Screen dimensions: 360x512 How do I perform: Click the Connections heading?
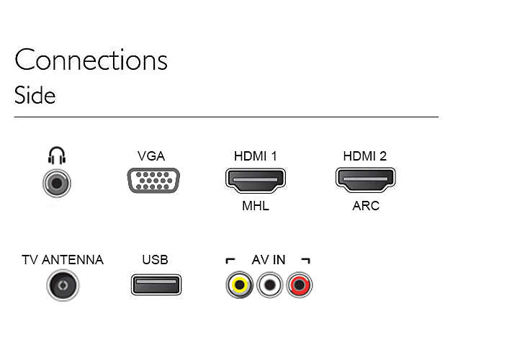[91, 60]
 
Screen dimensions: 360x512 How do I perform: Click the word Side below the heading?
[35, 96]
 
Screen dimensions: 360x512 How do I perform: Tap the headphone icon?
[57, 155]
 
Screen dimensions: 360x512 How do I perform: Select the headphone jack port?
[57, 183]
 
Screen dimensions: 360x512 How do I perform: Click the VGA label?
[151, 156]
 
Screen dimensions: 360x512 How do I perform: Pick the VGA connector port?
[153, 181]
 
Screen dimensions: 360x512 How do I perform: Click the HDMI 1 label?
[255, 156]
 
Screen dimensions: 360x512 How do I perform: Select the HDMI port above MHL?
[256, 180]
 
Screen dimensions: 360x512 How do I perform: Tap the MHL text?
[256, 206]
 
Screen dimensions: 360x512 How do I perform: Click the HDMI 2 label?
[364, 156]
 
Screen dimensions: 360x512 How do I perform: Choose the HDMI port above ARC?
[365, 180]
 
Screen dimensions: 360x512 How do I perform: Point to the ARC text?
[365, 206]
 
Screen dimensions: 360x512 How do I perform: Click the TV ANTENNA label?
[63, 260]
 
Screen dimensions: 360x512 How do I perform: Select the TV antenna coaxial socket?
[63, 285]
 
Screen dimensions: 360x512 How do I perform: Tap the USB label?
[155, 260]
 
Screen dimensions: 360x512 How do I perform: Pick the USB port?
[156, 284]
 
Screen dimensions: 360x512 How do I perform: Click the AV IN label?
[267, 260]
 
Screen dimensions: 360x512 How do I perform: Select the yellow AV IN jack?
[238, 285]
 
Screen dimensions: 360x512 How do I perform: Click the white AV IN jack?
[269, 285]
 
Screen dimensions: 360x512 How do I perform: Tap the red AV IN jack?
[299, 285]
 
